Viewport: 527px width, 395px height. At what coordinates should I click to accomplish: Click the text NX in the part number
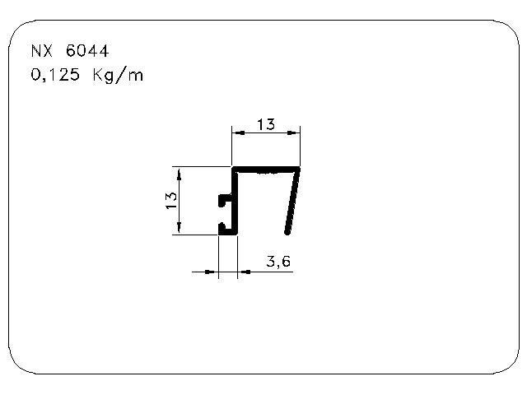(42, 51)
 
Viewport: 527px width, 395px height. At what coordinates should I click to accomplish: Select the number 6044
(87, 51)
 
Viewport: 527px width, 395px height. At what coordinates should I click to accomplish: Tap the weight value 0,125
(55, 75)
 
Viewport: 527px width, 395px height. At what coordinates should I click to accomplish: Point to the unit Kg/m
(118, 75)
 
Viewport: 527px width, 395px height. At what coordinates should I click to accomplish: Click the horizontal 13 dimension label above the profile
(266, 124)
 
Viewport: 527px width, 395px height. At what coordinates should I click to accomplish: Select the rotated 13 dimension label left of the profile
(171, 200)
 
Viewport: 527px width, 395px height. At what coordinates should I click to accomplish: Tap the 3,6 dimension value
(278, 262)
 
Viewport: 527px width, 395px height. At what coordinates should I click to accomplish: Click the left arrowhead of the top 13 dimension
(239, 133)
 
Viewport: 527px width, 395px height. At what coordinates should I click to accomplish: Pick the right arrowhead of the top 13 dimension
(293, 133)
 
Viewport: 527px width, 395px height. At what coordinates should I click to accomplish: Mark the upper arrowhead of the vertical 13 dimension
(179, 174)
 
